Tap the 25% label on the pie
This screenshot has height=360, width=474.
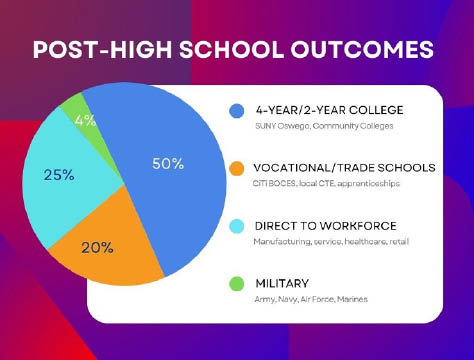tap(58, 175)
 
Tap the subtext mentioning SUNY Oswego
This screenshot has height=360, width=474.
tap(321, 126)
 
